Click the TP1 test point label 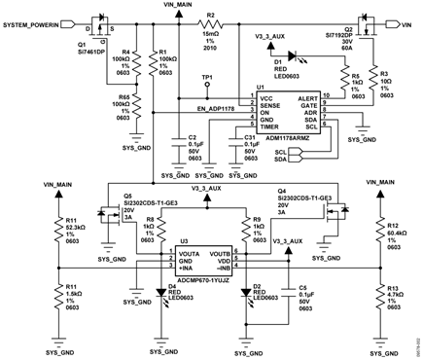tap(206, 76)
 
